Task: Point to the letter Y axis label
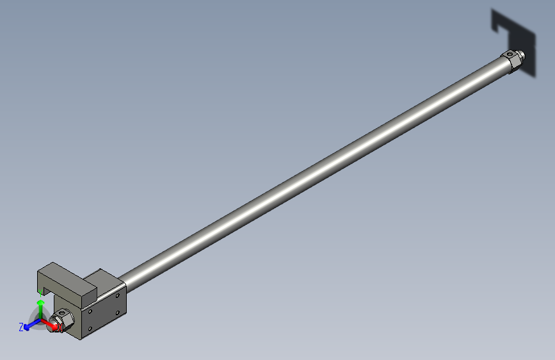click(x=41, y=292)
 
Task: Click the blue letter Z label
click(x=21, y=327)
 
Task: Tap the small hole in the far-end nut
click(x=510, y=54)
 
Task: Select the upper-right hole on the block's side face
click(x=117, y=296)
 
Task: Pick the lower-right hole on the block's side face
click(x=117, y=312)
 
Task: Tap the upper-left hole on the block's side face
click(x=91, y=311)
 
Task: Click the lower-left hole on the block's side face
click(x=90, y=328)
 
